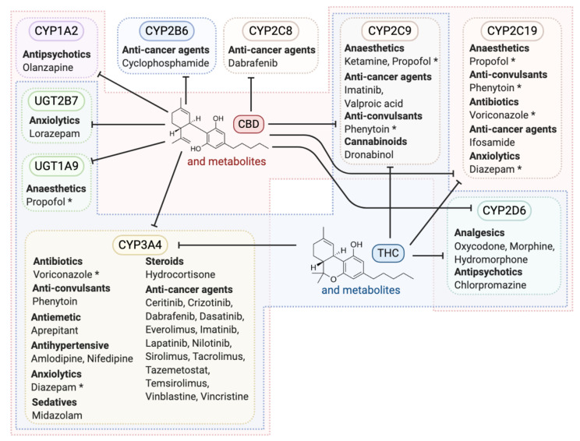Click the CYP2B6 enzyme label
(x=166, y=31)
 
